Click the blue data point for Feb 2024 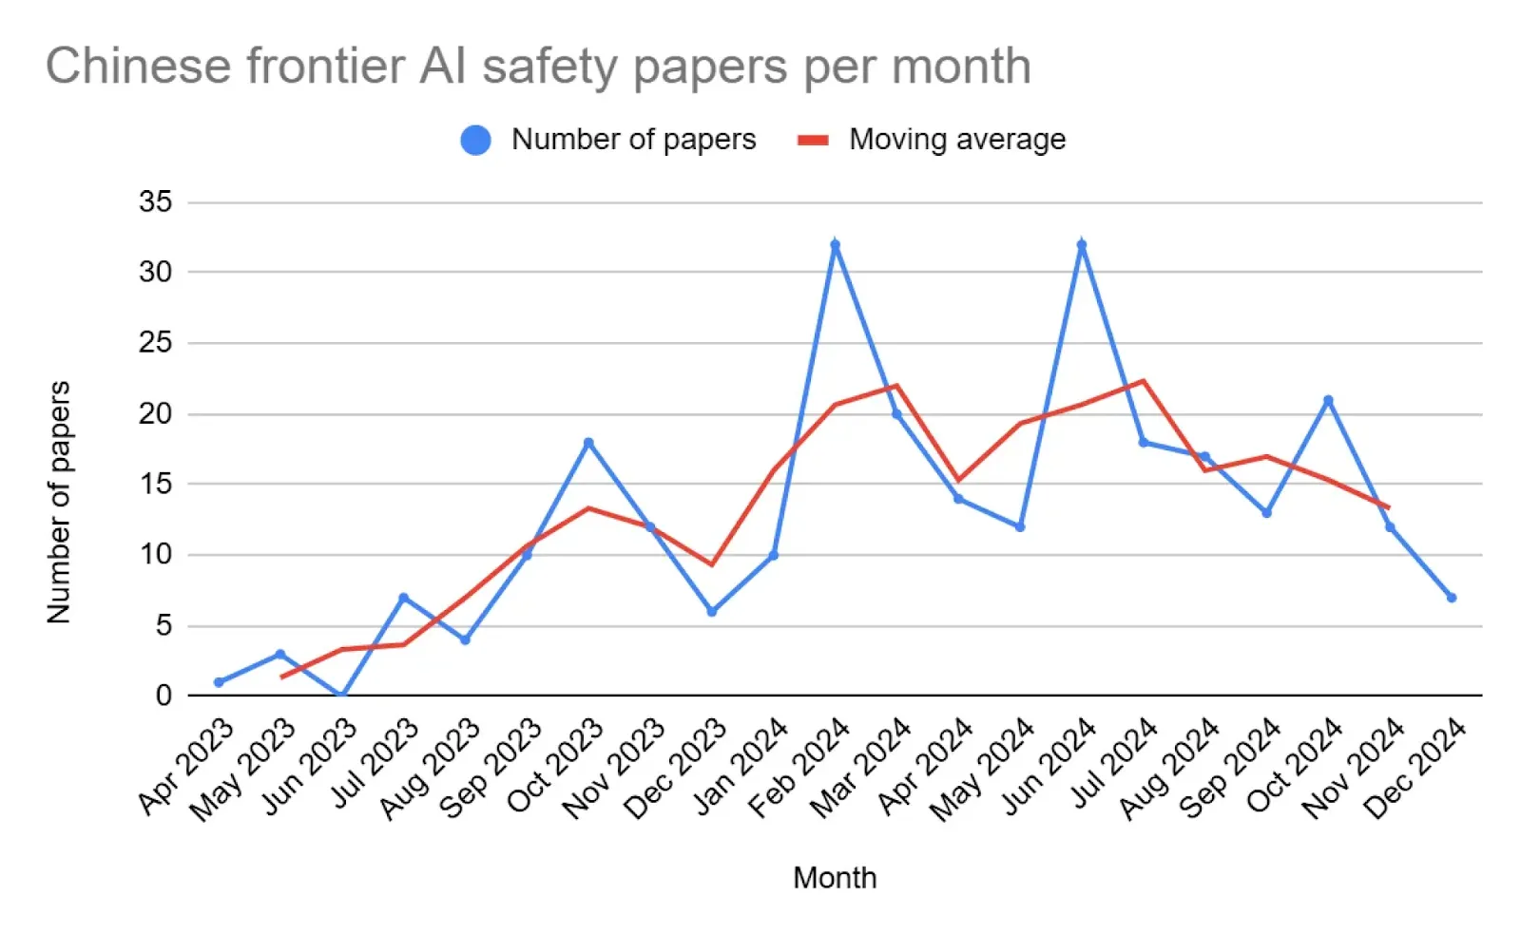point(835,244)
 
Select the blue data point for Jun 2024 point(1082,244)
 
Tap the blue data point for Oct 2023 point(588,443)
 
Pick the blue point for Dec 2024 point(1452,598)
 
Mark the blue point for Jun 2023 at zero point(342,695)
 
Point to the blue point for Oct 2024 point(1328,400)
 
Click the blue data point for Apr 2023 point(219,682)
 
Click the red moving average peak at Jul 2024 point(1144,381)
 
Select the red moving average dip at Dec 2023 point(712,564)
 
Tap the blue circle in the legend point(475,141)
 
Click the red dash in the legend point(813,141)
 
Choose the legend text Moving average point(957,140)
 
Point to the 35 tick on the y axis point(156,201)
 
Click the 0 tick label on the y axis point(164,696)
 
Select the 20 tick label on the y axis point(156,413)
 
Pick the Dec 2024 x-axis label point(1416,768)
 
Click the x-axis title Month point(835,878)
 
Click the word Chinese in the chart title point(139,67)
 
